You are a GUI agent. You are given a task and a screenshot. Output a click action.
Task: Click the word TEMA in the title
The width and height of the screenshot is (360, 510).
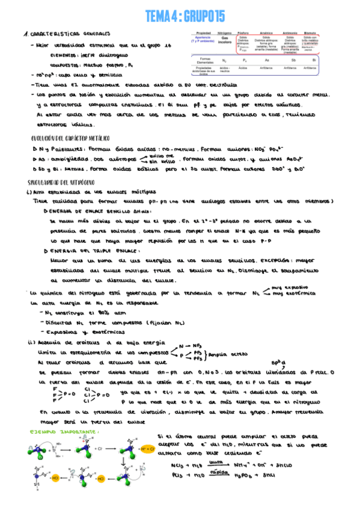159,16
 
